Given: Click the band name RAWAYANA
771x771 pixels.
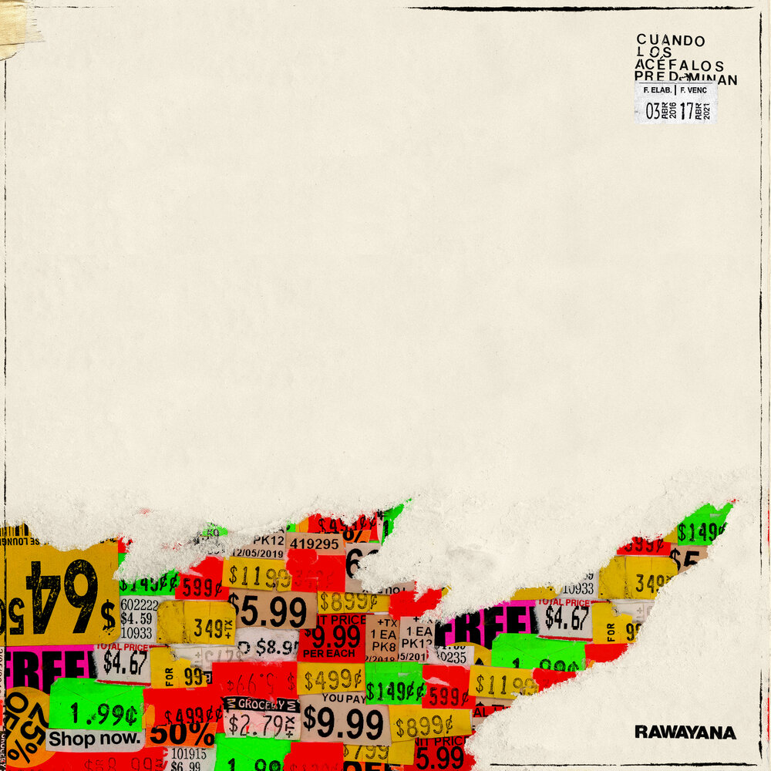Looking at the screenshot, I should [685, 732].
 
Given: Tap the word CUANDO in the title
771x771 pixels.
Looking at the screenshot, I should [671, 40].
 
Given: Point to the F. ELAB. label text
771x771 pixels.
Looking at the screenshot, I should [655, 90].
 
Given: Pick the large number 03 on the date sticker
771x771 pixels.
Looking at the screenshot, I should [653, 111].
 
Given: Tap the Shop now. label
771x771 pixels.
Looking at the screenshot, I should [95, 739].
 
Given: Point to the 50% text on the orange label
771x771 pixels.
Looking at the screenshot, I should [182, 732].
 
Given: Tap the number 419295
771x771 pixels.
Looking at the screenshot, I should [314, 544].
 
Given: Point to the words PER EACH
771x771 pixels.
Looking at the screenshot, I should [330, 653].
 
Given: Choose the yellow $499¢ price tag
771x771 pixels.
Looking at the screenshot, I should [332, 679].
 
